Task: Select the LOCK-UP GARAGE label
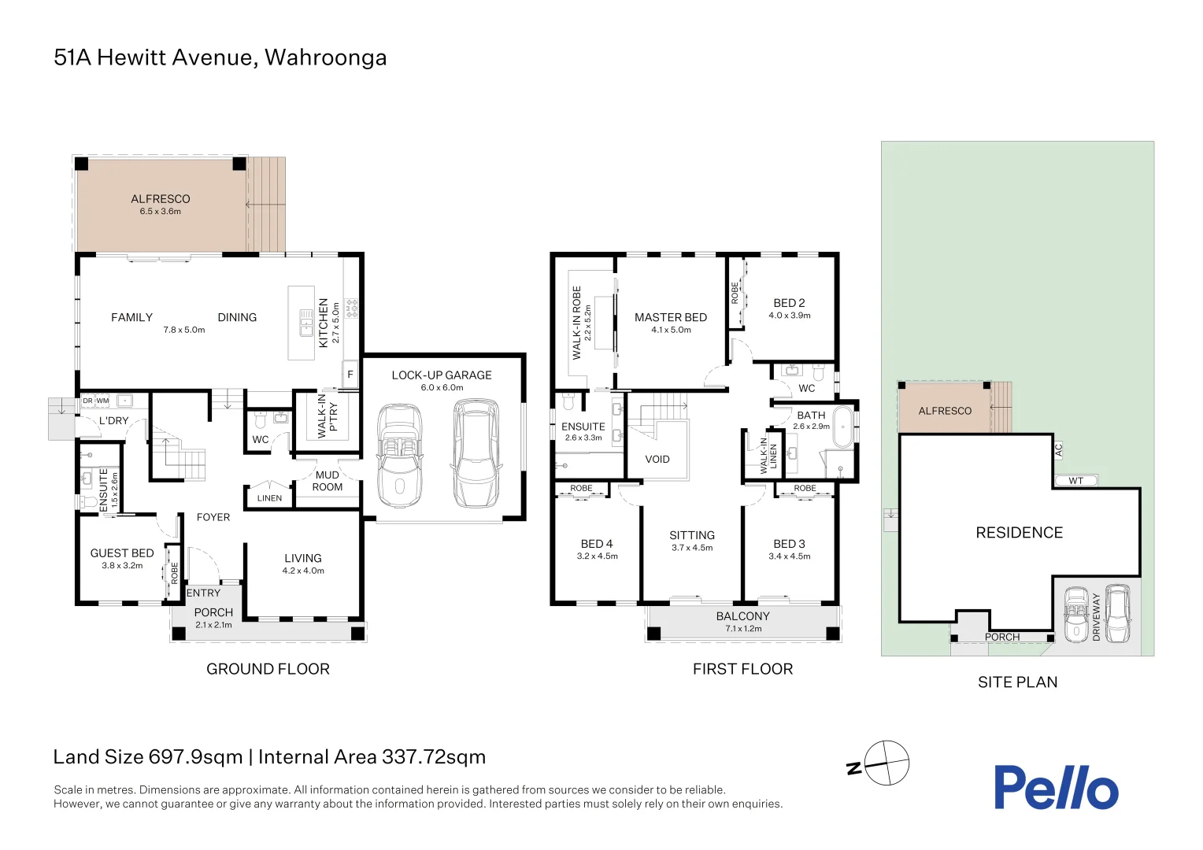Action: [442, 375]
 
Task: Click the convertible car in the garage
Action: [400, 456]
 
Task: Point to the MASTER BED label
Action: [671, 317]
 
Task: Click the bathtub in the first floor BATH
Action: [843, 427]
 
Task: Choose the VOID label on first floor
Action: [657, 459]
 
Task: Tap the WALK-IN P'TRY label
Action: [327, 416]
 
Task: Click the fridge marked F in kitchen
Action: [350, 374]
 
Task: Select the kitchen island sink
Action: [306, 322]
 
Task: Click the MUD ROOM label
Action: [327, 481]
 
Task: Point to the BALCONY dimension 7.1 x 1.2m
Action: [743, 628]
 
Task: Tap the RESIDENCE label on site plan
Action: [1020, 533]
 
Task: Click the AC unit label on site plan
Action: [1059, 449]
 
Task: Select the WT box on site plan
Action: [1075, 481]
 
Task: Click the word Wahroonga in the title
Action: [325, 58]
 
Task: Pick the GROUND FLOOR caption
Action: [268, 669]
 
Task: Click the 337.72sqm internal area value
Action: [433, 757]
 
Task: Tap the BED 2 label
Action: [789, 303]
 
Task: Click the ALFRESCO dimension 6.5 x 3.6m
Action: [160, 211]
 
